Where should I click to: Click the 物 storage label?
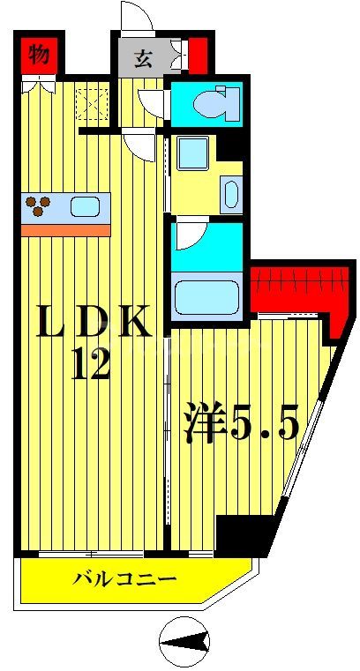(38, 56)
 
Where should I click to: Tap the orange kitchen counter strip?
(65, 229)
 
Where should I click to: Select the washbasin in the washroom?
(230, 193)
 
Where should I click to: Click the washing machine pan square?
(191, 153)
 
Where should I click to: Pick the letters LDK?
(93, 324)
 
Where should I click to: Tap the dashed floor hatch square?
(90, 104)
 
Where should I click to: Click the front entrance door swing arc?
(136, 15)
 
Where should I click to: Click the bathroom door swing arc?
(189, 234)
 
